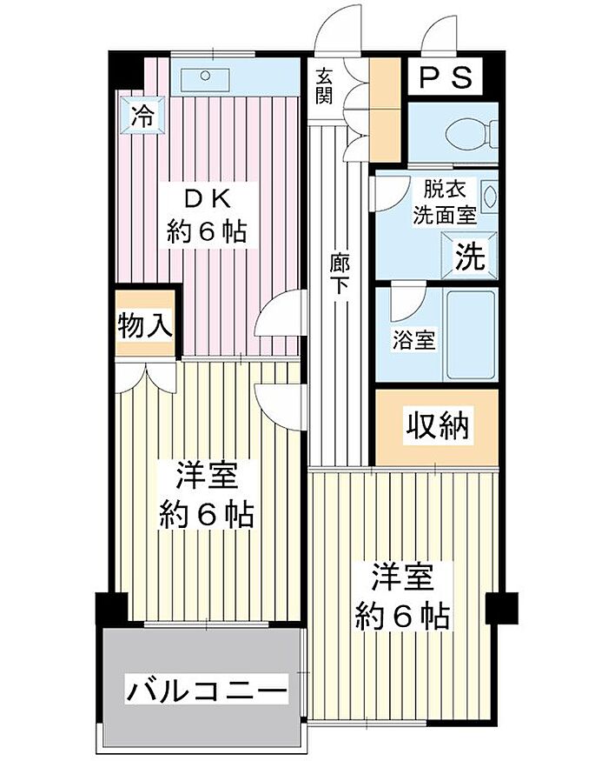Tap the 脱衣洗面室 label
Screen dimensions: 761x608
[x=444, y=199]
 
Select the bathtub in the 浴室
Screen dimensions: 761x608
[x=470, y=334]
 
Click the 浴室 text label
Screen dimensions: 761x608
[x=413, y=340]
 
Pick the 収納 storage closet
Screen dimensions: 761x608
[x=437, y=426]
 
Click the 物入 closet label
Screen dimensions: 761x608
[x=144, y=326]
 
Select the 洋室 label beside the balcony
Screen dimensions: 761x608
[x=207, y=477]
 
